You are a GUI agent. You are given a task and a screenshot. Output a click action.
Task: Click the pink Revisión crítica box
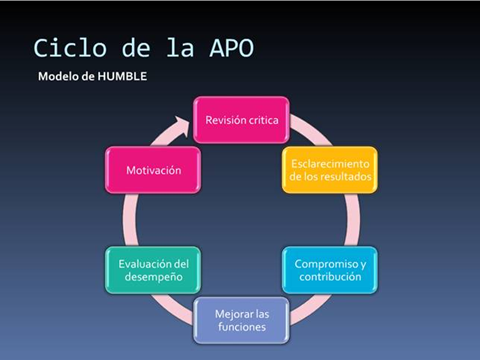[x=241, y=120]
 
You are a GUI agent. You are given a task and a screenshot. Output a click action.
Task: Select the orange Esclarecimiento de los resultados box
[x=329, y=170]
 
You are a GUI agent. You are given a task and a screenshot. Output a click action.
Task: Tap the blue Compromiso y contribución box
[x=329, y=270]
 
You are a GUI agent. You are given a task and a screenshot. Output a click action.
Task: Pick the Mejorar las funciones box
[x=241, y=320]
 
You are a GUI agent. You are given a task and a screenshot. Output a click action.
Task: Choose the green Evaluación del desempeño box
[x=153, y=270]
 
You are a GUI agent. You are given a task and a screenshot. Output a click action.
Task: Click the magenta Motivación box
[x=153, y=170]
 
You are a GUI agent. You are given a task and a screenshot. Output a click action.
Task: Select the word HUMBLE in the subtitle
[x=123, y=77]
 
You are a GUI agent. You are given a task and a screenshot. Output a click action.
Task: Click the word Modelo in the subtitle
[x=59, y=77]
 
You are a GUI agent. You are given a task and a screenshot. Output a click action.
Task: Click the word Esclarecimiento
[x=329, y=163]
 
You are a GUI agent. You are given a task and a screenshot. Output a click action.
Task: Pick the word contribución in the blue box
[x=329, y=277]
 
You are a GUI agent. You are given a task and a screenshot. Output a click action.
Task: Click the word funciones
[x=241, y=327]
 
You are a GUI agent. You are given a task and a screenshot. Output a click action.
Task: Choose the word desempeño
[x=153, y=277]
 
